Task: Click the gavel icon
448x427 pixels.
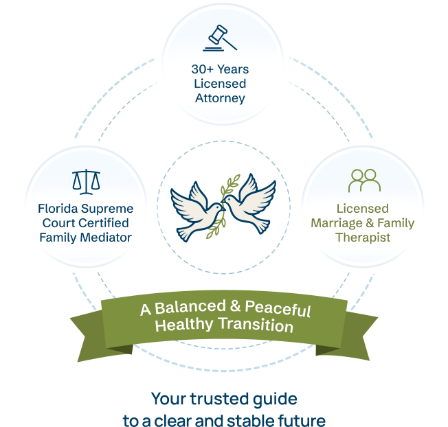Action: point(220,38)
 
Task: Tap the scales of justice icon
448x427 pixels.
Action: point(86,182)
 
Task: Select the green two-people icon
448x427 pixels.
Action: point(364,181)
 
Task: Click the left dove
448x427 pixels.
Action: point(197,211)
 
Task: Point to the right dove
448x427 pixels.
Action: point(249,203)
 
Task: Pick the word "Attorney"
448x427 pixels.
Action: point(220,98)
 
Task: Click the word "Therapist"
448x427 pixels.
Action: point(363,238)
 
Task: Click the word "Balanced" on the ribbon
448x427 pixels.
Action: point(190,307)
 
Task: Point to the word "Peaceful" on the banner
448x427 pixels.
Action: point(278,308)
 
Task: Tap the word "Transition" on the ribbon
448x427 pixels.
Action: point(256,325)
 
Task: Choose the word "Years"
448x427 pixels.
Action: point(233,69)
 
